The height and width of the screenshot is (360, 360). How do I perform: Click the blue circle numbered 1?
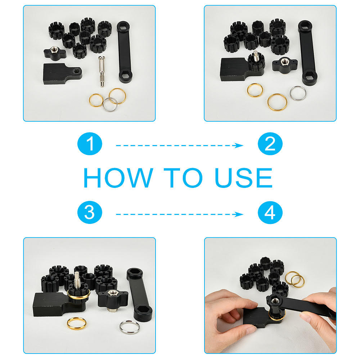point(90,144)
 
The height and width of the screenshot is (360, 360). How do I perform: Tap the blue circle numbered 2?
point(270,144)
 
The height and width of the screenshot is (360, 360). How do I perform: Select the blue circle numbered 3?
point(90,212)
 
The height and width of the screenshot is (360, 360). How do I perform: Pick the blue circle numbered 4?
point(270,212)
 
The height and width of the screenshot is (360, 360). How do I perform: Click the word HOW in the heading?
point(118,177)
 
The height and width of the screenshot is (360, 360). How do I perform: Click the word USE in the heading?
point(244,177)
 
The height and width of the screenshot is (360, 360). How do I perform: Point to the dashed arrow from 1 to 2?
point(180,145)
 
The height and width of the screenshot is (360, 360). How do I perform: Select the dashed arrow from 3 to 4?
point(180,214)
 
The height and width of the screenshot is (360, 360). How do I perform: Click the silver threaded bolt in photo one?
point(102,71)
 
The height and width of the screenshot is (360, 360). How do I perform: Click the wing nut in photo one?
point(55,53)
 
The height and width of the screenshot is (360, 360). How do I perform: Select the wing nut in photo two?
point(285,66)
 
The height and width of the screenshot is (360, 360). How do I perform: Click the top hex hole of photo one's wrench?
point(123,26)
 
